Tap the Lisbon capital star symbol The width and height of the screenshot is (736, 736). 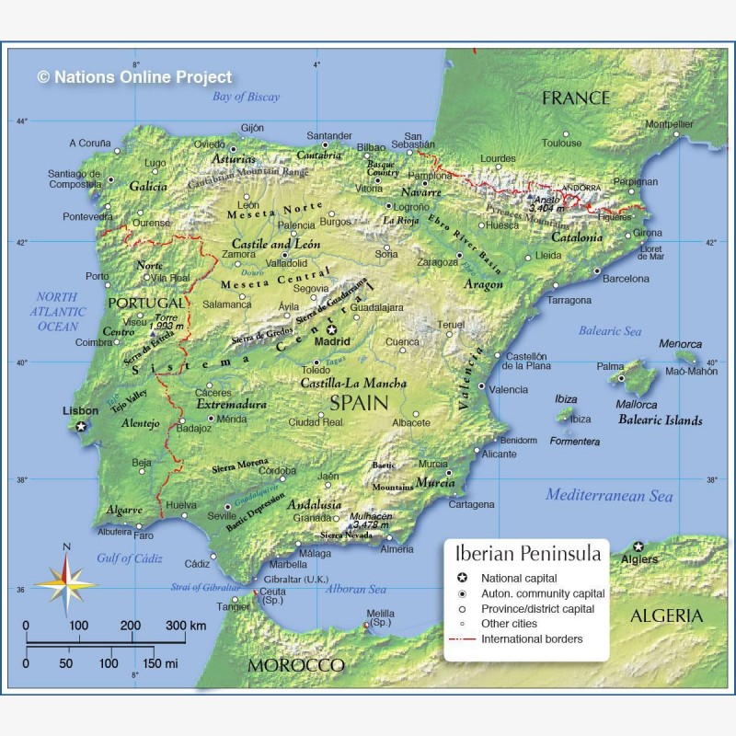pyautogui.click(x=82, y=426)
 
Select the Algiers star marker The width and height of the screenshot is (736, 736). pyautogui.click(x=638, y=546)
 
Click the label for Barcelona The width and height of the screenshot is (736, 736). pyautogui.click(x=626, y=279)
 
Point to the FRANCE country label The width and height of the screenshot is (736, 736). pyautogui.click(x=576, y=98)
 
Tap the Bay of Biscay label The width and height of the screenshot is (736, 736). pyautogui.click(x=246, y=97)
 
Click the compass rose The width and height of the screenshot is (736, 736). pyautogui.click(x=65, y=580)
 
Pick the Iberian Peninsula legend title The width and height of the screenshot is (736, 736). pyautogui.click(x=528, y=554)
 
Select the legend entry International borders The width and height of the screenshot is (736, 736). pyautogui.click(x=532, y=638)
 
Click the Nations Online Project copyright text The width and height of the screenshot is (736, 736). pyautogui.click(x=134, y=78)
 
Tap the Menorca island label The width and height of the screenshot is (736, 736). pyautogui.click(x=680, y=344)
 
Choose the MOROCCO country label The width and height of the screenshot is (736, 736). pyautogui.click(x=296, y=665)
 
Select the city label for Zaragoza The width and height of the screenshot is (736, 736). pyautogui.click(x=437, y=262)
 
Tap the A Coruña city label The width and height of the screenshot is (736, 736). pyautogui.click(x=89, y=143)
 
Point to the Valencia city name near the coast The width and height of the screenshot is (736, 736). pyautogui.click(x=509, y=390)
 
